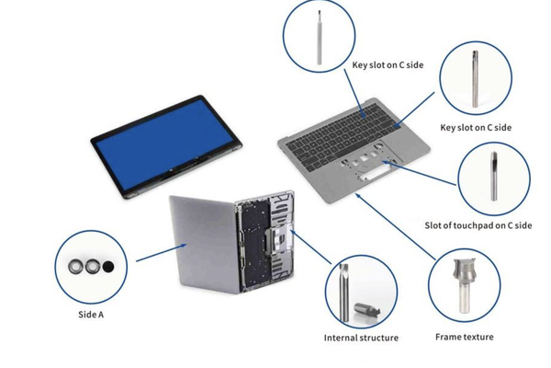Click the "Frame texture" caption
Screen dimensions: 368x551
[x=464, y=337]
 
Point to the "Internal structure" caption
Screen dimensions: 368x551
[x=361, y=338]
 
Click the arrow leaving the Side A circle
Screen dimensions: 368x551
[x=156, y=254]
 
